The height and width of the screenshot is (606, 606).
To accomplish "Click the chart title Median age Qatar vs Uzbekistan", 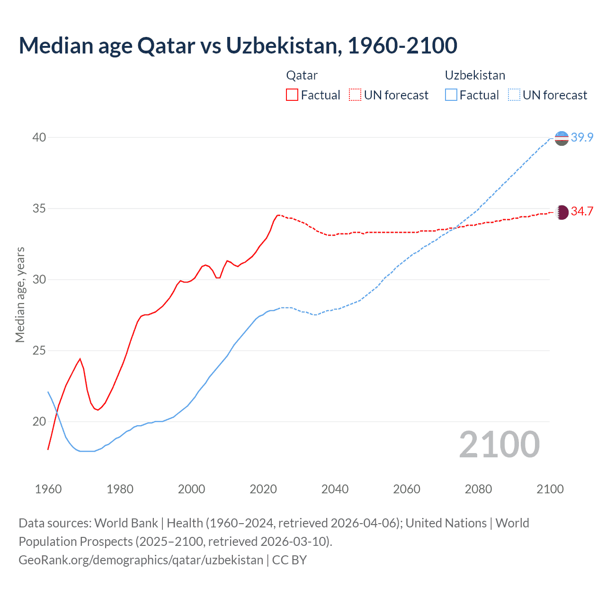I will (238, 45).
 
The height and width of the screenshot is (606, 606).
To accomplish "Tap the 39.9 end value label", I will (582, 137).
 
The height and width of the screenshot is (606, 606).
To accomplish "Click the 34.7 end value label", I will (582, 211).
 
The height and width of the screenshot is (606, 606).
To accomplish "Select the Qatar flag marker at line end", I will (561, 212).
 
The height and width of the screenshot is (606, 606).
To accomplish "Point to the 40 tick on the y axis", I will (39, 137).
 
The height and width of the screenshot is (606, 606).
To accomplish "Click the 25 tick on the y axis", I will (39, 350).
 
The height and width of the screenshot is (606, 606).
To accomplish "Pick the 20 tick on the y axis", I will (39, 421).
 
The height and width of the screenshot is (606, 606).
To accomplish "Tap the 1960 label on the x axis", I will (48, 489).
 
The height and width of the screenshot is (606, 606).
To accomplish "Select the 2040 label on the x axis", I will (335, 489).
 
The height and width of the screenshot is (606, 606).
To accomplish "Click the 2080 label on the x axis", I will (478, 489).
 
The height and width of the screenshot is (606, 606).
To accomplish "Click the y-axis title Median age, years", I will (20, 294).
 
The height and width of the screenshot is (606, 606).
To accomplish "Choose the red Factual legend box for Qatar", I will (292, 95).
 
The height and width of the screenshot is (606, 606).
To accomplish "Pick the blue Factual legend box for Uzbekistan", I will (451, 95).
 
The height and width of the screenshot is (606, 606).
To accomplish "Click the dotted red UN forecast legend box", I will (355, 95).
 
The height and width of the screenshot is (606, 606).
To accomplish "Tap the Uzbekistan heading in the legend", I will (475, 75).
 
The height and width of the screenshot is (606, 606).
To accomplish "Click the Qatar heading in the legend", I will (302, 75).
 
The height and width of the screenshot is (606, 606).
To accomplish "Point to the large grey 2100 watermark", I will (499, 445).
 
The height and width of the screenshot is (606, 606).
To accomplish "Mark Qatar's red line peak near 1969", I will (80, 359).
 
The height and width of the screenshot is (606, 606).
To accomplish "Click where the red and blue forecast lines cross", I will (454, 228).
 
